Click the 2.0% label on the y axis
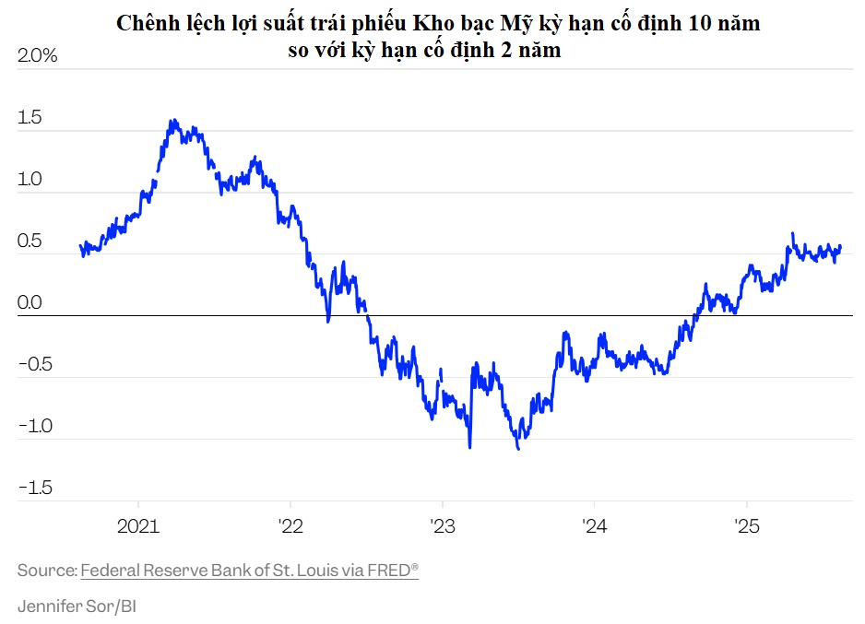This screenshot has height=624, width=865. (38, 56)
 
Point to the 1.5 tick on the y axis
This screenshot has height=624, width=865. (30, 118)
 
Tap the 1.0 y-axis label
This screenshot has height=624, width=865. (30, 179)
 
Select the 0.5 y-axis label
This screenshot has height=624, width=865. (30, 241)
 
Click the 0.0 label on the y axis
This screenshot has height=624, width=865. (30, 302)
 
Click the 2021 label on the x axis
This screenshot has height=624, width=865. (137, 526)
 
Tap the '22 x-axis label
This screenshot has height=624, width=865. (290, 526)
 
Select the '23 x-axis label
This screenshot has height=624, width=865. (442, 526)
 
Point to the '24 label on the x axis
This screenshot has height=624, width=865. (594, 526)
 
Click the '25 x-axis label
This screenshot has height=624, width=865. (745, 526)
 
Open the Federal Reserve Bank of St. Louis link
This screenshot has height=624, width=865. (249, 571)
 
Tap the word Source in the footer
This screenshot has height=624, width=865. (46, 571)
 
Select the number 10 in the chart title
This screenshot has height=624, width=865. (701, 24)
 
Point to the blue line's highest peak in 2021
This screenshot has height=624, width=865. (172, 120)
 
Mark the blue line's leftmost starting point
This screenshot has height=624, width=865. (81, 245)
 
